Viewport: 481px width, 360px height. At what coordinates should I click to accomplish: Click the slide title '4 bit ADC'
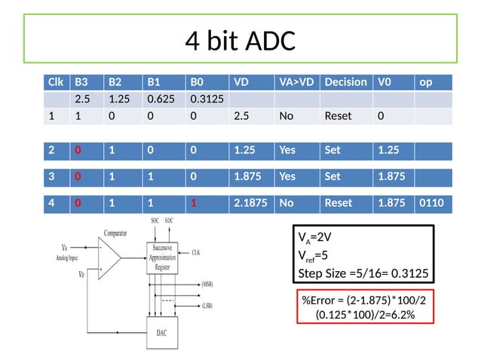click(240, 41)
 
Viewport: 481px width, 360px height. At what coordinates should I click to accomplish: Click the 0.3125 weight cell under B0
click(206, 99)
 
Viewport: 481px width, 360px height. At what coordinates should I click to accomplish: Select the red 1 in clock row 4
click(195, 203)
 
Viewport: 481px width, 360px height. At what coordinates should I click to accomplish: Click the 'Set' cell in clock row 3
click(332, 176)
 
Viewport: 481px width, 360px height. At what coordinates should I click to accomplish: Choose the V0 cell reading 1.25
click(388, 150)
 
